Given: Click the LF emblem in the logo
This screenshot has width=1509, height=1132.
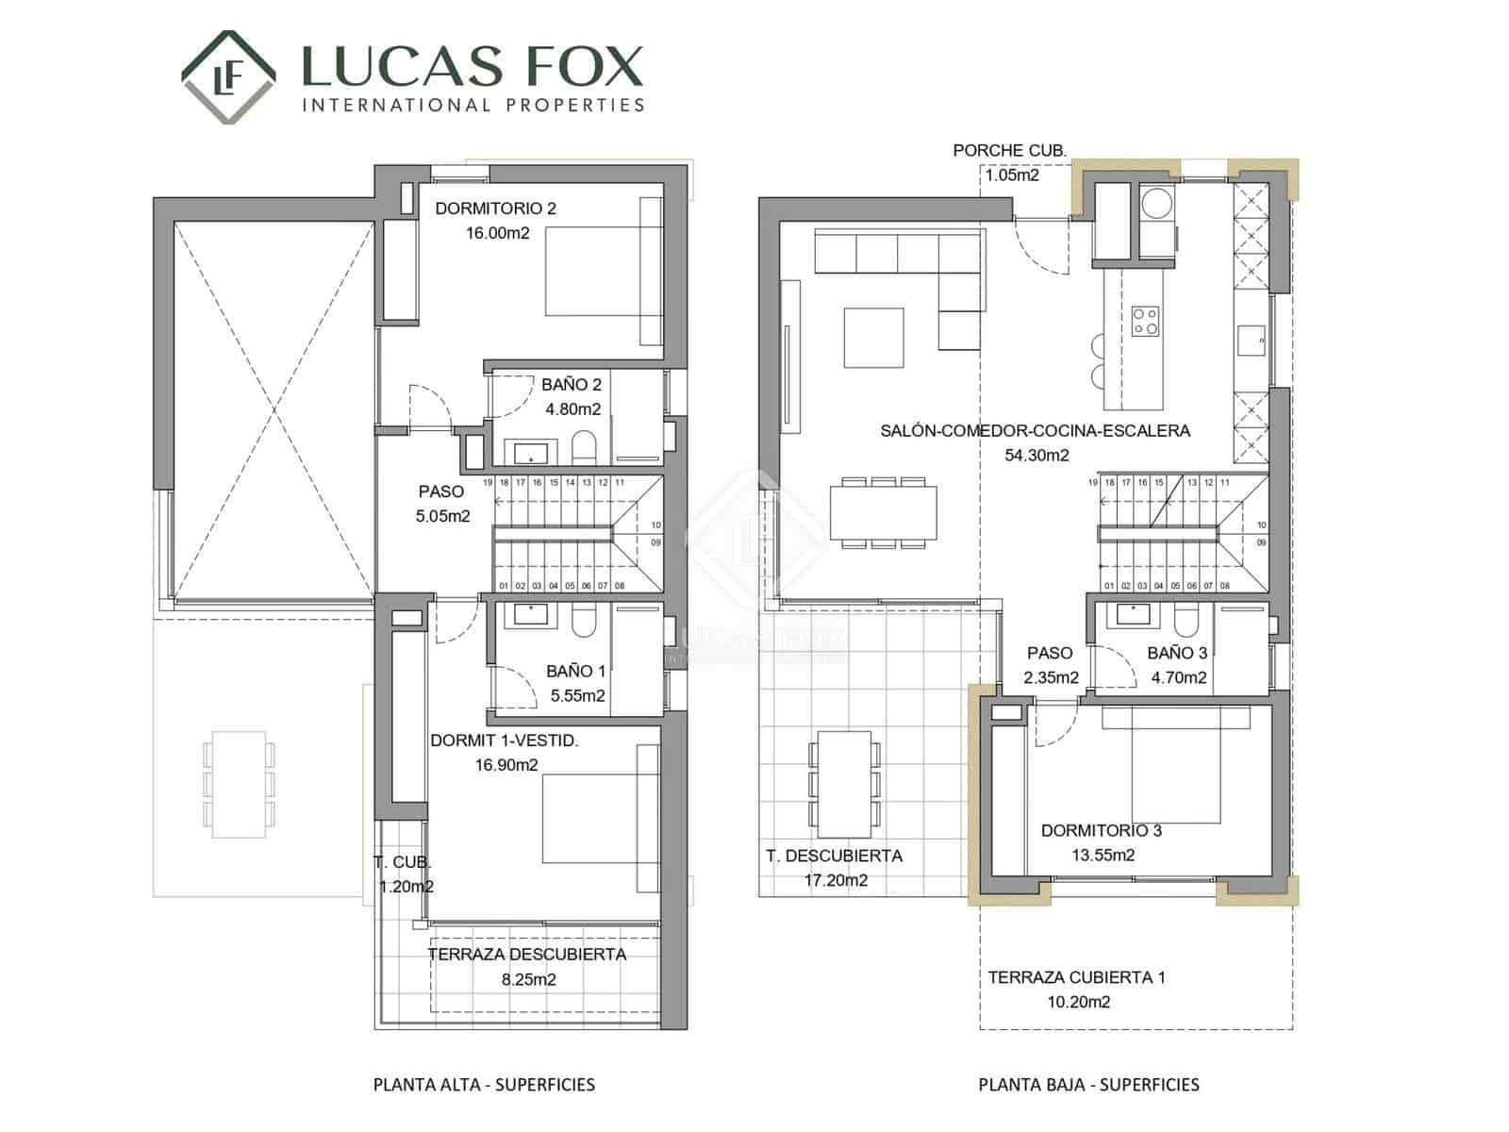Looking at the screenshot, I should (228, 77).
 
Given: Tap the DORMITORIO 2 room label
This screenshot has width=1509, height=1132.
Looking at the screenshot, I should (495, 208).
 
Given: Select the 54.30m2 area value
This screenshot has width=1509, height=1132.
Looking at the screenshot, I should (1036, 456).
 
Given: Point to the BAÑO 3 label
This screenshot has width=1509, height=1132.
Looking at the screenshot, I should (1177, 653).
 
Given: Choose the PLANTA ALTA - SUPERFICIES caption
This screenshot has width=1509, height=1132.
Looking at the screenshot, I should (484, 1085).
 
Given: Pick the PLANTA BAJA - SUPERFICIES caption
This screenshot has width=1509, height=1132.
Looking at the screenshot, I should (1088, 1085).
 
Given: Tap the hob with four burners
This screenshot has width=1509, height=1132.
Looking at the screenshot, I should (1146, 322).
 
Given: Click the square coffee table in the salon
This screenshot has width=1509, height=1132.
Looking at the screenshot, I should (873, 337).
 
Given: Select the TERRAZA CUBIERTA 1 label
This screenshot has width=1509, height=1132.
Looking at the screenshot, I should (1076, 977).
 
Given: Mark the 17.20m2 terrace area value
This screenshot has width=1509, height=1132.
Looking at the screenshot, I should (836, 880).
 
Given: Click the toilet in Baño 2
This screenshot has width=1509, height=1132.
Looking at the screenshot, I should (585, 447).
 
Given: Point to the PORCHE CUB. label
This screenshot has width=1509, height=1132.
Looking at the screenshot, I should (1009, 150).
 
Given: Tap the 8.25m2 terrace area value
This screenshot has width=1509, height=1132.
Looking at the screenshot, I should (528, 979).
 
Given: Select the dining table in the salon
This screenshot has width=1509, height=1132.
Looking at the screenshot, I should (884, 512).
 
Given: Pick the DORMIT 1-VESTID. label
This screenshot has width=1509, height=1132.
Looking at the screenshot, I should (504, 741).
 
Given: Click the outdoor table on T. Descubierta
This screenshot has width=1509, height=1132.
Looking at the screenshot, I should (844, 784).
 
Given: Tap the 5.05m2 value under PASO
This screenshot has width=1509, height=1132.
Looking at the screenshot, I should (442, 516).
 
